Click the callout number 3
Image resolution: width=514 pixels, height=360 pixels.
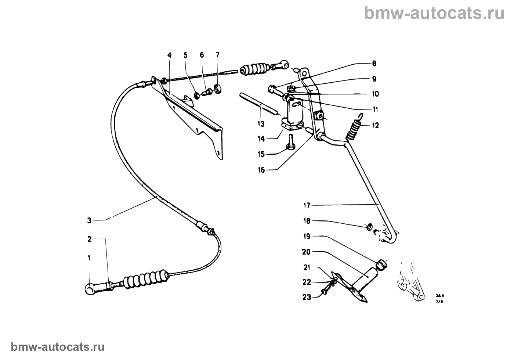(89, 221)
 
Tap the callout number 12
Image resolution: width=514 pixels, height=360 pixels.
(375, 126)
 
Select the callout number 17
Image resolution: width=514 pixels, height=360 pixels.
(307, 205)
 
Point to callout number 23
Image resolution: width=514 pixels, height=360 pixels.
(306, 297)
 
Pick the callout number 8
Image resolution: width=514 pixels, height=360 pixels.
(374, 64)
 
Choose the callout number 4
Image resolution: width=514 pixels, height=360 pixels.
(169, 55)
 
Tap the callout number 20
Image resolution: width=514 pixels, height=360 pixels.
(306, 252)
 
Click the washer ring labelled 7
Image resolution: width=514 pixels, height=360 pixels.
(219, 89)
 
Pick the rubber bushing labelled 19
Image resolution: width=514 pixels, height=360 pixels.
(382, 264)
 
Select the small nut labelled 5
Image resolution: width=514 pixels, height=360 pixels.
(197, 95)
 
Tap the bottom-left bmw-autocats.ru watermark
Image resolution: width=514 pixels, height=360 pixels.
(58, 347)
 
